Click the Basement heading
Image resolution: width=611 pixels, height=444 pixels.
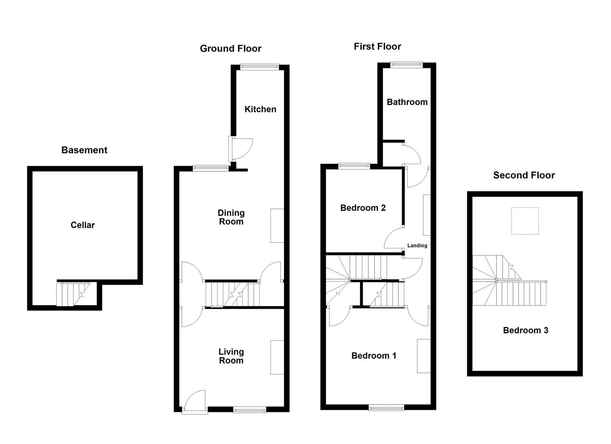click(84, 150)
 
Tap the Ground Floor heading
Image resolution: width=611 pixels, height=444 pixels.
click(230, 49)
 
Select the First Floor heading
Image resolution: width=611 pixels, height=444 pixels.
click(377, 46)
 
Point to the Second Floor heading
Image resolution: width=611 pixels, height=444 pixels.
click(524, 175)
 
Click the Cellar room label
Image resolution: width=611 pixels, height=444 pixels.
click(83, 225)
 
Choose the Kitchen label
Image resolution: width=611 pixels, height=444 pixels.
click(260, 109)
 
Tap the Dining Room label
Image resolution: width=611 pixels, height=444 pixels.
click(231, 217)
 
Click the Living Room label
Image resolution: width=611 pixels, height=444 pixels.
click(231, 356)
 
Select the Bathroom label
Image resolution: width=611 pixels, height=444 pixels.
click(407, 102)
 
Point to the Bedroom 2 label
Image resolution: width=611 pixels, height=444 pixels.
click(363, 208)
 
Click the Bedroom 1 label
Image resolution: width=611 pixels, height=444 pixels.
click(374, 356)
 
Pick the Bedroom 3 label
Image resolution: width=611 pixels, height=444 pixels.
click(525, 330)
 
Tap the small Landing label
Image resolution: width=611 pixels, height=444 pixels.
click(417, 245)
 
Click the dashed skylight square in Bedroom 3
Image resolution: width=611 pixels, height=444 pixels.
click(525, 221)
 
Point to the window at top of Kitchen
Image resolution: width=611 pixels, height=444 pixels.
click(260, 67)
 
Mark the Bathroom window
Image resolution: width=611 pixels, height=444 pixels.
click(406, 64)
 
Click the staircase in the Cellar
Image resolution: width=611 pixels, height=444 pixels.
click(73, 294)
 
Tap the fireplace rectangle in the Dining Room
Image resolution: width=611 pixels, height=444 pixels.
click(277, 225)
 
